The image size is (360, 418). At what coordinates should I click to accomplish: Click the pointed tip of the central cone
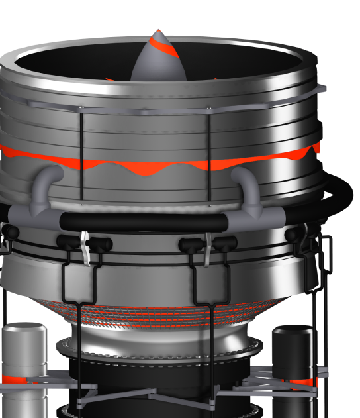pyautogui.click(x=157, y=30)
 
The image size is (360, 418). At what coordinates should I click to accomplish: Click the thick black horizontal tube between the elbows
pyautogui.click(x=146, y=221)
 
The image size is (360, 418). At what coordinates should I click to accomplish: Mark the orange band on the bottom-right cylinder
pyautogui.click(x=305, y=382)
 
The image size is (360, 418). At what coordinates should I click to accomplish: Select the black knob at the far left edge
pyautogui.click(x=9, y=231)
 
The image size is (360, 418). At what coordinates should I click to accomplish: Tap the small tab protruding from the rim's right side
pyautogui.click(x=322, y=88)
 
